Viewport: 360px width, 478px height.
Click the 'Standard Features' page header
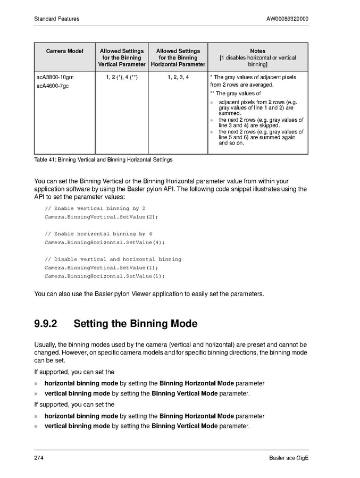[x=56, y=19]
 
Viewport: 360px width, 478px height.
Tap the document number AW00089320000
[x=287, y=19]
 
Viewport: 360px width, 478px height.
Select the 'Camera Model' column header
[x=64, y=51]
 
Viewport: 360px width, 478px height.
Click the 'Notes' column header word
[x=257, y=51]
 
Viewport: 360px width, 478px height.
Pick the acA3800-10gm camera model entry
[x=54, y=77]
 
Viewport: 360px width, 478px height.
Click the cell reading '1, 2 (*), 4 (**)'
[x=122, y=77]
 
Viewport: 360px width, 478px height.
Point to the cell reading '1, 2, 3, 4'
[x=178, y=77]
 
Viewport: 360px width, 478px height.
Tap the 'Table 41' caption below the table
[x=103, y=160]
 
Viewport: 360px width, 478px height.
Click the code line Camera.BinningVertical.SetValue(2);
[x=101, y=217]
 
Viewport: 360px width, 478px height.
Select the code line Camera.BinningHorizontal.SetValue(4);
[x=104, y=242]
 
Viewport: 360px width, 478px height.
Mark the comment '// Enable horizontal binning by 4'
[x=98, y=234]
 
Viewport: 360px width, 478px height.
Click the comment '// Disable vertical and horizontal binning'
[x=113, y=259]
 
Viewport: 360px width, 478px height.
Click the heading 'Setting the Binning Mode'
[x=135, y=324]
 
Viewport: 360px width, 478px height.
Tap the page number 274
[x=38, y=458]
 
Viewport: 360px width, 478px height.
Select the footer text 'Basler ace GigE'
[x=289, y=458]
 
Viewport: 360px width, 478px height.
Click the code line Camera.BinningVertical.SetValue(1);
[x=101, y=268]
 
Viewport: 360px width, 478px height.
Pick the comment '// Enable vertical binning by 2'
[x=95, y=208]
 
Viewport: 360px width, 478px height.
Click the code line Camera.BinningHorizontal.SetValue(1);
[x=104, y=276]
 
